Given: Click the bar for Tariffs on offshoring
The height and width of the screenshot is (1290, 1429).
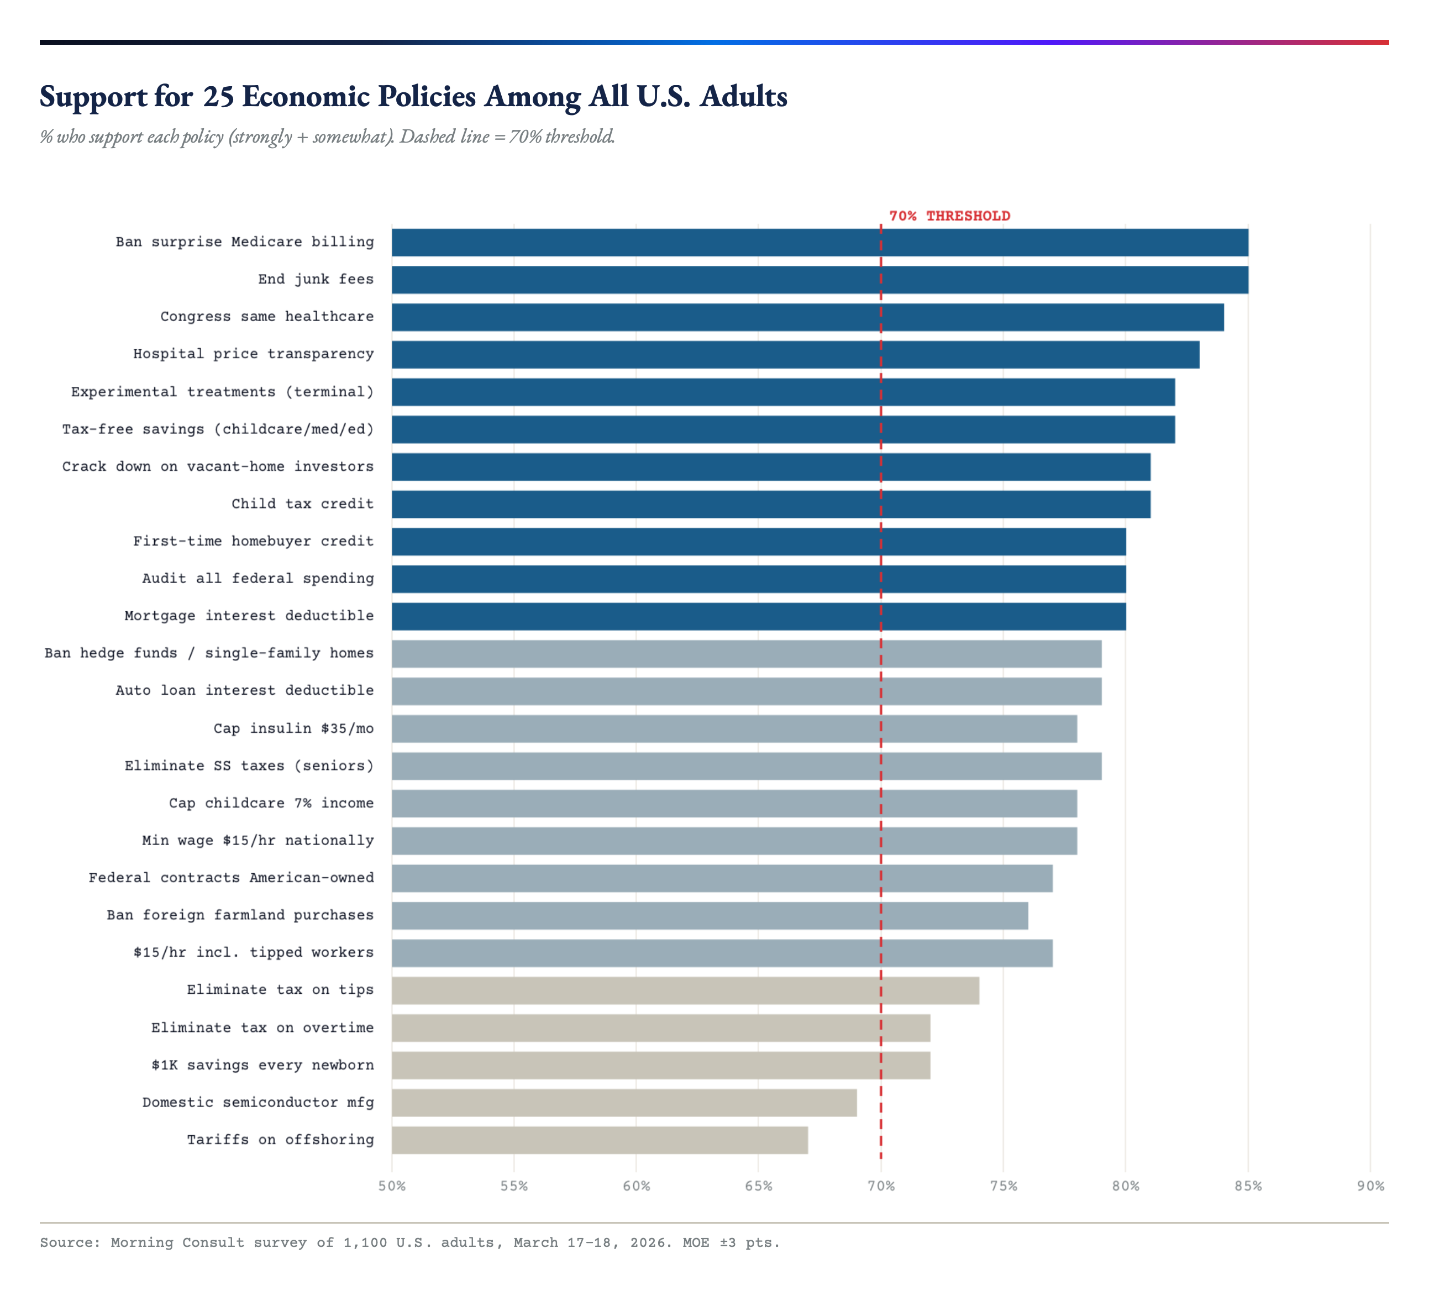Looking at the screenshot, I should (600, 1140).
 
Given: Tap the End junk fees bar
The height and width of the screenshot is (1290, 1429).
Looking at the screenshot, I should (819, 279).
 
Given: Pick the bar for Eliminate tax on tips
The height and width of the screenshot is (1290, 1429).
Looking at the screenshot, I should (685, 990).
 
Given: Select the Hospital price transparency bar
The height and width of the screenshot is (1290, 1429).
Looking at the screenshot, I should (795, 354).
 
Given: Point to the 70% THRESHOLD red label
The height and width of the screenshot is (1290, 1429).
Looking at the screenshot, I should (949, 216).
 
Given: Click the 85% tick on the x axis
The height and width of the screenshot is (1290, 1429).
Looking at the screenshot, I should (1248, 1186).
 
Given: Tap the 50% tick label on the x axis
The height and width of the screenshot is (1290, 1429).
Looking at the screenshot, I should (392, 1186).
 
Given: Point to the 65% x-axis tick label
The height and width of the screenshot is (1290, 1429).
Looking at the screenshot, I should (758, 1186).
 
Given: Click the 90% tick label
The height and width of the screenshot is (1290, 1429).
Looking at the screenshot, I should (1369, 1186).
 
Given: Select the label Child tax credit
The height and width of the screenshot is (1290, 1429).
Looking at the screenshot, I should (302, 504).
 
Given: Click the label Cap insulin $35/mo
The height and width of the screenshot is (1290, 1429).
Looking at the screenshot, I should (293, 728).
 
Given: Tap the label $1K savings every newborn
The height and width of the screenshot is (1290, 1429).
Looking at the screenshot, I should (262, 1065).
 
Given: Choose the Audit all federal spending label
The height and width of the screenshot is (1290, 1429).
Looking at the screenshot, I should (258, 578).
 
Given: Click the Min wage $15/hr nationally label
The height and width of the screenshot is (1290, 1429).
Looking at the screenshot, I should (258, 841).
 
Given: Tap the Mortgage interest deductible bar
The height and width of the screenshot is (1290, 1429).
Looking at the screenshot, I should (758, 616).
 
